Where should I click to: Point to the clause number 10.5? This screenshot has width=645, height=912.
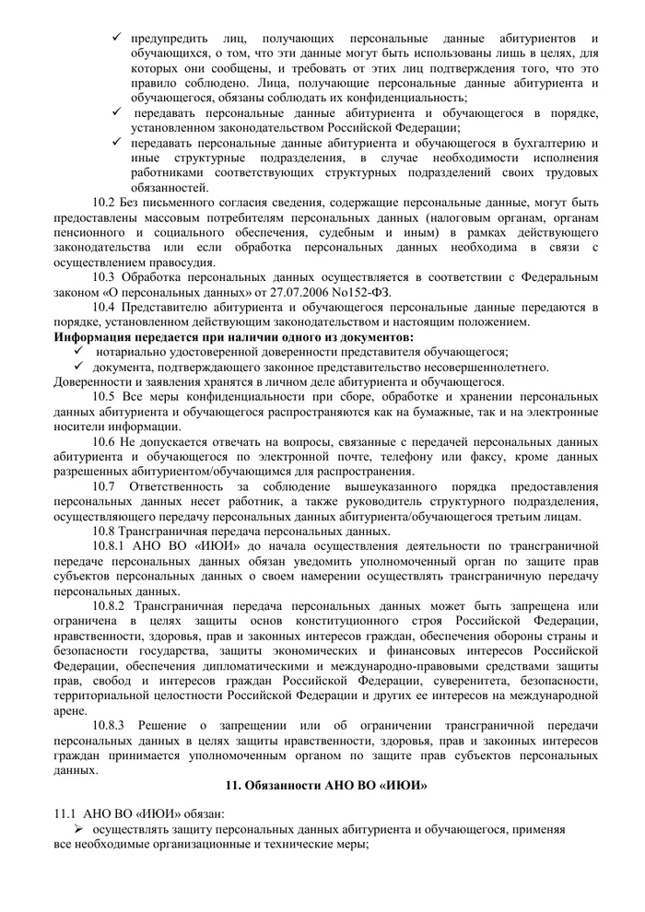pyautogui.click(x=104, y=396)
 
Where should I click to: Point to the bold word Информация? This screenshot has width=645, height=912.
pyautogui.click(x=97, y=336)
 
